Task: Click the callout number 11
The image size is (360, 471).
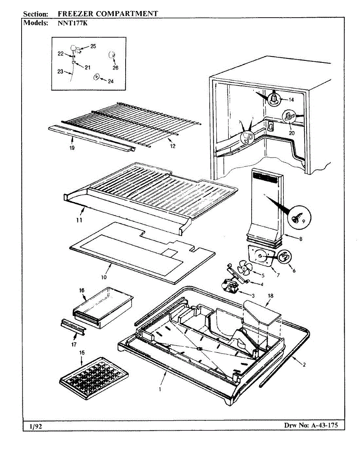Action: pyautogui.click(x=79, y=221)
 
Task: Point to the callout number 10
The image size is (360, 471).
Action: pyautogui.click(x=104, y=277)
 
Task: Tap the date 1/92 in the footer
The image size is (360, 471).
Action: pyautogui.click(x=36, y=426)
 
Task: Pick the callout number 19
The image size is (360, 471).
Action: pyautogui.click(x=72, y=148)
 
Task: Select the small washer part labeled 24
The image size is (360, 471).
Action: pyautogui.click(x=96, y=77)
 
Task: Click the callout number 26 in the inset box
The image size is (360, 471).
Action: pyautogui.click(x=115, y=68)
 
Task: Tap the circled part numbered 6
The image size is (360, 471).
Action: pyautogui.click(x=284, y=257)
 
